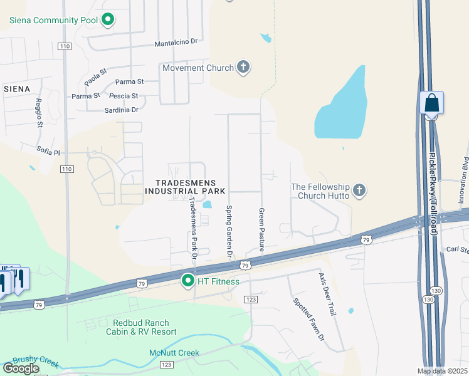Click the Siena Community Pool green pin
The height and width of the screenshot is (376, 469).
point(108,20)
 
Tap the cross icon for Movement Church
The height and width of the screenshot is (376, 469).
point(243,68)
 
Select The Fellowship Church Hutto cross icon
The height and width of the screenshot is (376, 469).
point(359,190)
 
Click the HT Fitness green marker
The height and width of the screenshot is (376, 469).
point(187,281)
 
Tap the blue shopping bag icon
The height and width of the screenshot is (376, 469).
point(431,102)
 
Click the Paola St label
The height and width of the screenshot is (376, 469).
point(92,78)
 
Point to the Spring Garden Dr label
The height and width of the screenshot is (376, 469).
point(229,232)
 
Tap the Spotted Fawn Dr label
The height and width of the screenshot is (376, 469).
point(308,318)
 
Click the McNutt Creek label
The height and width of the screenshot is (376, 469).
point(174,353)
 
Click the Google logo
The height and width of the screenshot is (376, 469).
point(21,368)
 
